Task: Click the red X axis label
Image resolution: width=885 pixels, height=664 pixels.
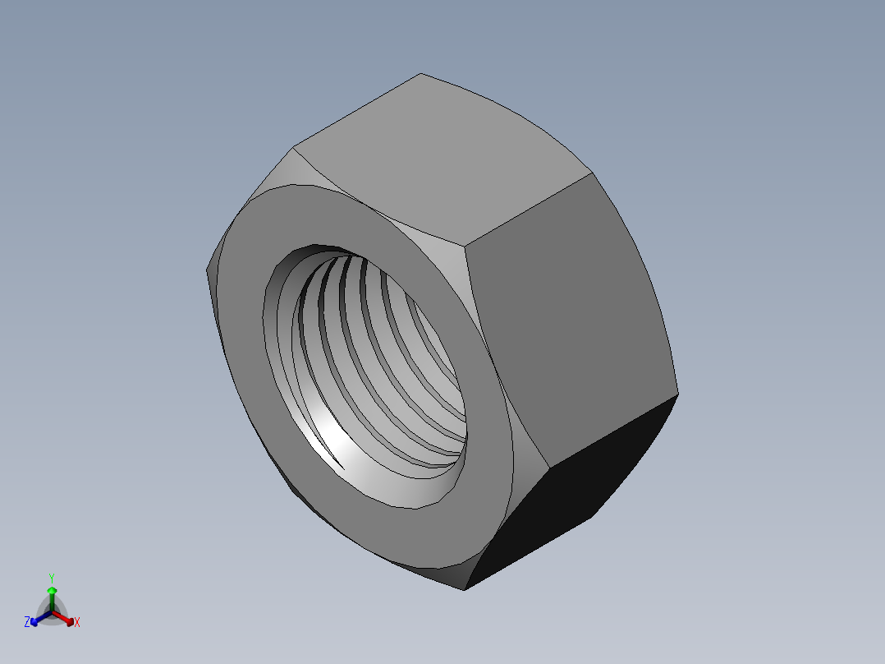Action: (76, 623)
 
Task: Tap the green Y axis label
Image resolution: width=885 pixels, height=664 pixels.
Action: (51, 578)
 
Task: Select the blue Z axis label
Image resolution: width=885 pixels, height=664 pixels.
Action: (27, 622)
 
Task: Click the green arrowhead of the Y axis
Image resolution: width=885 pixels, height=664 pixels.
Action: (52, 590)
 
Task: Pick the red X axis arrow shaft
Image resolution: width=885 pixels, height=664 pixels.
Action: (62, 616)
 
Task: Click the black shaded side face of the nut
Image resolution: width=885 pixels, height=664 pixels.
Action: (575, 485)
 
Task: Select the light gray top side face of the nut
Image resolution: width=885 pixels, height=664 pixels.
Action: (443, 156)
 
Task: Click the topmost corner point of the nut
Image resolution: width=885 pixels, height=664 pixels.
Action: (421, 74)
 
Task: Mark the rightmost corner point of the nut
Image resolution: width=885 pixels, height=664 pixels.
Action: (679, 394)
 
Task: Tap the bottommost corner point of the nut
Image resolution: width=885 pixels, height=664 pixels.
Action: (465, 590)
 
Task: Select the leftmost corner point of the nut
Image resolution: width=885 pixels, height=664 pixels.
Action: (205, 270)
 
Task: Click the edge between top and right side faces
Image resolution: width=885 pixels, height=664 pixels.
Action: (530, 209)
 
